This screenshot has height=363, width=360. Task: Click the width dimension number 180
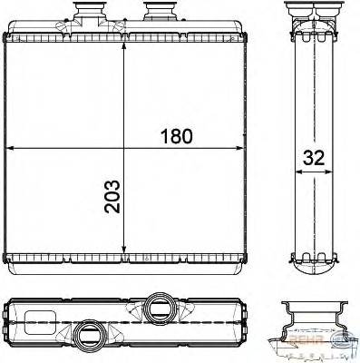pyautogui.click(x=177, y=137)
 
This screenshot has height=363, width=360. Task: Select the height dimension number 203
pyautogui.click(x=112, y=196)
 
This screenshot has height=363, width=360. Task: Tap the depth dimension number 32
pyautogui.click(x=313, y=157)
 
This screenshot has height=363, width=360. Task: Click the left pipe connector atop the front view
pyautogui.click(x=88, y=15)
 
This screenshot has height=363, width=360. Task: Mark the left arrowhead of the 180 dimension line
pyautogui.click(x=11, y=147)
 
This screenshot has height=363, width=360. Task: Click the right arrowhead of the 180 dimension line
pyautogui.click(x=244, y=147)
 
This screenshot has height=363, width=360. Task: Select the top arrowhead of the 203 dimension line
pyautogui.click(x=123, y=44)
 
